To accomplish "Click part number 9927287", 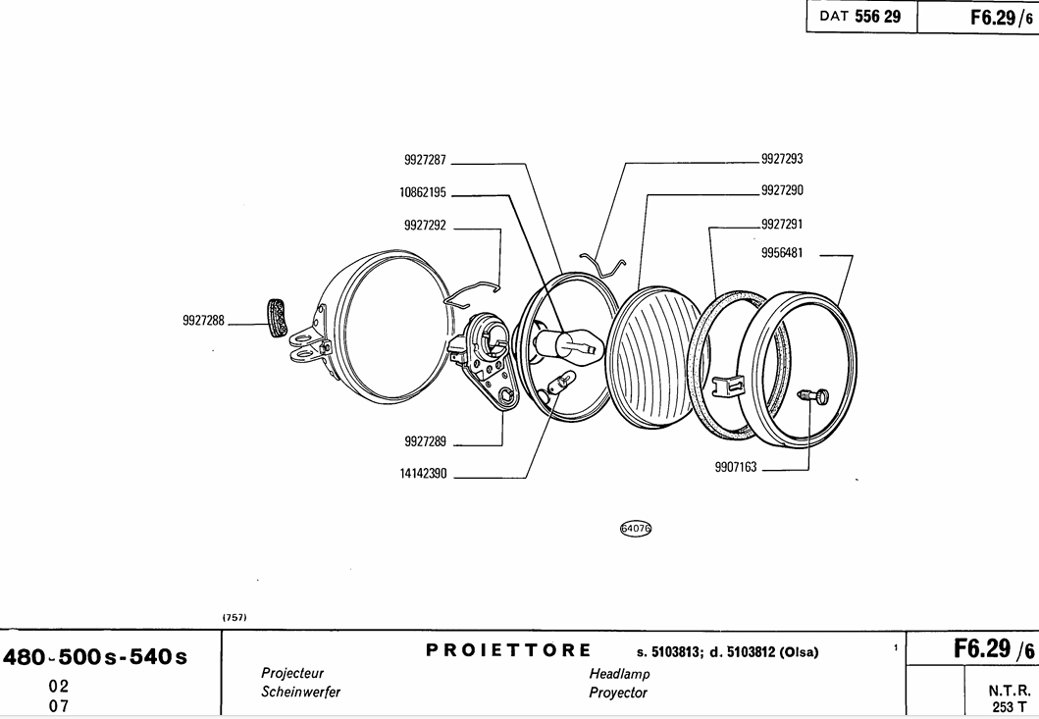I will [425, 159].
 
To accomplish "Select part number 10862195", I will [423, 192].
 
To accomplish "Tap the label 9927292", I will [425, 226].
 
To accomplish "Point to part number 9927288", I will [203, 320].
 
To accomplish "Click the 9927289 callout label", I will [425, 441].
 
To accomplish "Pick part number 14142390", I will [423, 473].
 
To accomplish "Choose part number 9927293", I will [782, 159].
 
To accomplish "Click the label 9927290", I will [782, 190].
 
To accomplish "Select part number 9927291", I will [782, 224].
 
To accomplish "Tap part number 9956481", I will [782, 252].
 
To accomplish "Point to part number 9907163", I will [736, 468].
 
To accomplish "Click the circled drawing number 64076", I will [636, 529].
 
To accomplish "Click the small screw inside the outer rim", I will [812, 395].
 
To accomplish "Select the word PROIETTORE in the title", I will [509, 650].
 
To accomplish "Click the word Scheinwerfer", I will [300, 692].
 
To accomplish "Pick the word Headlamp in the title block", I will [619, 674].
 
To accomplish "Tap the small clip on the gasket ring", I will [725, 385].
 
